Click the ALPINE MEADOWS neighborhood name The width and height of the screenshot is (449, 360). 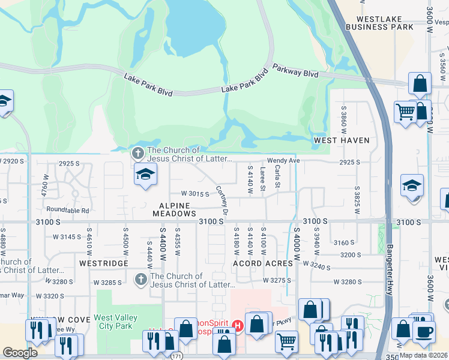[x=174, y=209]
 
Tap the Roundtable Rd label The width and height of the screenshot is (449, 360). [x=68, y=211]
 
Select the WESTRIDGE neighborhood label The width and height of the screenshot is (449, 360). [x=103, y=263]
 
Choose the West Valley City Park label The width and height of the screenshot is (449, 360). [x=116, y=322]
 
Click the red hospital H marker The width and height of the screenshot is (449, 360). [x=238, y=326]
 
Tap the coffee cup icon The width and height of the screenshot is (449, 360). [x=426, y=331]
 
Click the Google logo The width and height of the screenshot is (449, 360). [x=20, y=353]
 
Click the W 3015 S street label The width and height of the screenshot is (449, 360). [x=195, y=194]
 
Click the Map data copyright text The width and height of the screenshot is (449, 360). [x=424, y=355]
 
